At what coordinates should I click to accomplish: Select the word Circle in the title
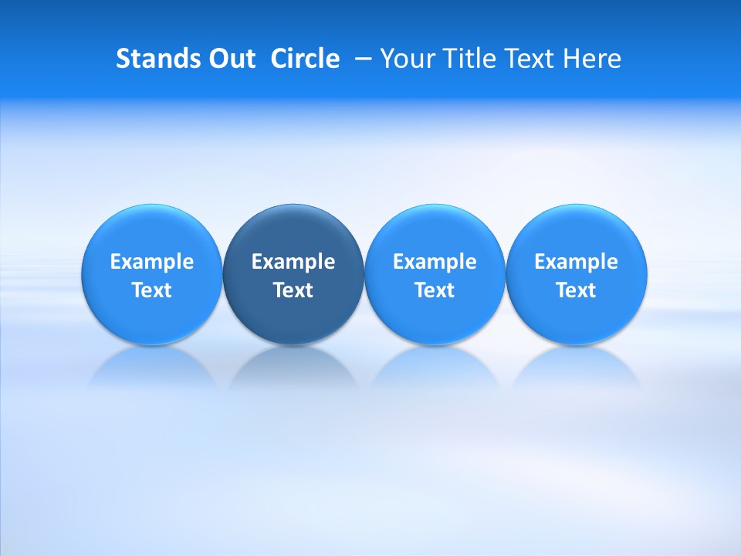pyautogui.click(x=305, y=59)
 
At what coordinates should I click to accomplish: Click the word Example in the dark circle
pyautogui.click(x=293, y=262)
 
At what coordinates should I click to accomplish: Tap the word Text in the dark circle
pyautogui.click(x=293, y=290)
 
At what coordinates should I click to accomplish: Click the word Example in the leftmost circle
pyautogui.click(x=152, y=262)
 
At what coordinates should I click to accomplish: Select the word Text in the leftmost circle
pyautogui.click(x=152, y=290)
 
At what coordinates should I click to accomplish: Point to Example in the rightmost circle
pyautogui.click(x=576, y=262)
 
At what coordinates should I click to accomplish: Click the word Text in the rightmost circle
pyautogui.click(x=576, y=290)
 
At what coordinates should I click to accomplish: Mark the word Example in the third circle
pyautogui.click(x=435, y=262)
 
